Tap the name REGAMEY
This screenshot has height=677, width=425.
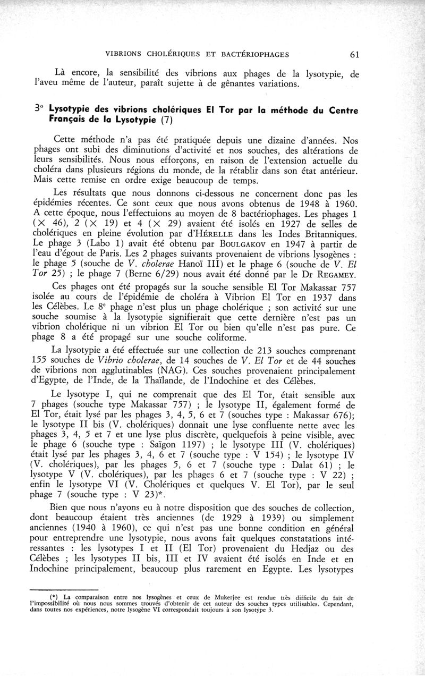(x=338, y=274)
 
